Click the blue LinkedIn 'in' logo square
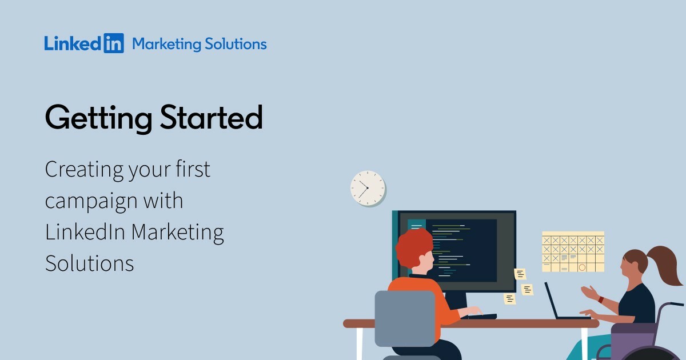(114, 44)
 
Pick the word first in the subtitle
(192, 170)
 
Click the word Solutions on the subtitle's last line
(89, 263)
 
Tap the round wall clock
(367, 187)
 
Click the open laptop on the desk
(557, 303)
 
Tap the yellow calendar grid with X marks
(573, 251)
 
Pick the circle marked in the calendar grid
(582, 267)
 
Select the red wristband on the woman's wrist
(600, 299)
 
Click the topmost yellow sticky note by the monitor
(520, 274)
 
